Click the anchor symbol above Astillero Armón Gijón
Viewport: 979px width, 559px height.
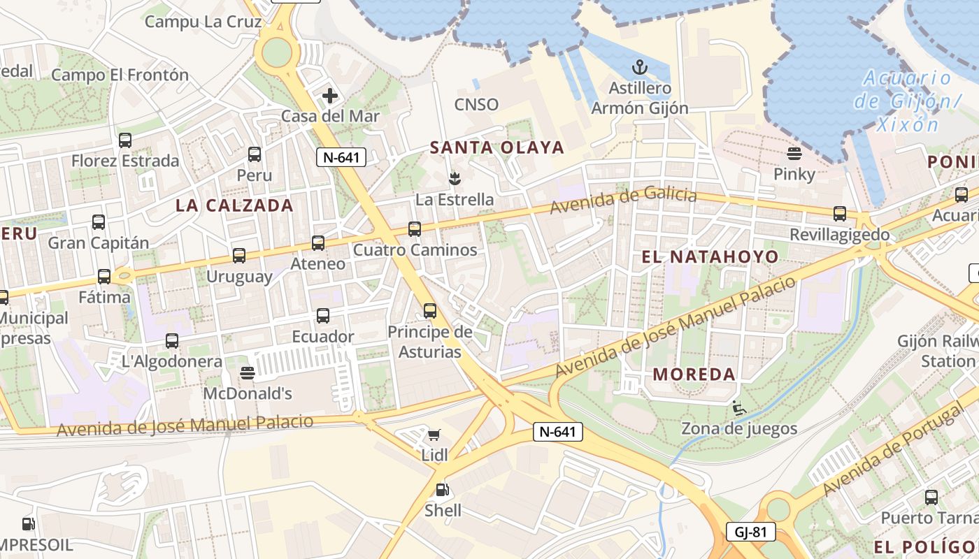pyautogui.click(x=639, y=68)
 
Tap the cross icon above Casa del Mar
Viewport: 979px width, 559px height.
pyautogui.click(x=330, y=96)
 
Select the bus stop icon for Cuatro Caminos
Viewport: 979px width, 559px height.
pyautogui.click(x=415, y=228)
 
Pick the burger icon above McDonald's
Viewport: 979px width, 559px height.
pyautogui.click(x=247, y=372)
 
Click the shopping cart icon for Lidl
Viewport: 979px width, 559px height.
pyautogui.click(x=434, y=435)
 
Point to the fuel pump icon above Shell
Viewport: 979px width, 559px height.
pyautogui.click(x=442, y=490)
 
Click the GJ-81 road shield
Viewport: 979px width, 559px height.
pyautogui.click(x=750, y=532)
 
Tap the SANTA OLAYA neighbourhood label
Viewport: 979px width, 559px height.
pyautogui.click(x=496, y=147)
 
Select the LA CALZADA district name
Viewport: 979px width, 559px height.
pyautogui.click(x=234, y=205)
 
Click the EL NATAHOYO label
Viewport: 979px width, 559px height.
pyautogui.click(x=710, y=257)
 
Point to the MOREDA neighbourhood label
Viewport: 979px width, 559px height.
pyautogui.click(x=694, y=375)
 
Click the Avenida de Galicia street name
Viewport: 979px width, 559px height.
pyautogui.click(x=623, y=201)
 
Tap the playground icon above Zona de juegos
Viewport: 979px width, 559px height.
pyautogui.click(x=738, y=407)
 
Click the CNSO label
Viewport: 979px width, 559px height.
pyautogui.click(x=476, y=105)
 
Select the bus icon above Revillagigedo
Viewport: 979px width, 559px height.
pyautogui.click(x=839, y=214)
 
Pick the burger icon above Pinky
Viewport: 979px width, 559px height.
pyautogui.click(x=794, y=153)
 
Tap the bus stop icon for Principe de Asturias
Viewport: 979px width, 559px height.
pyautogui.click(x=429, y=310)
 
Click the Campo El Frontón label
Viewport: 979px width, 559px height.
pyautogui.click(x=120, y=75)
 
